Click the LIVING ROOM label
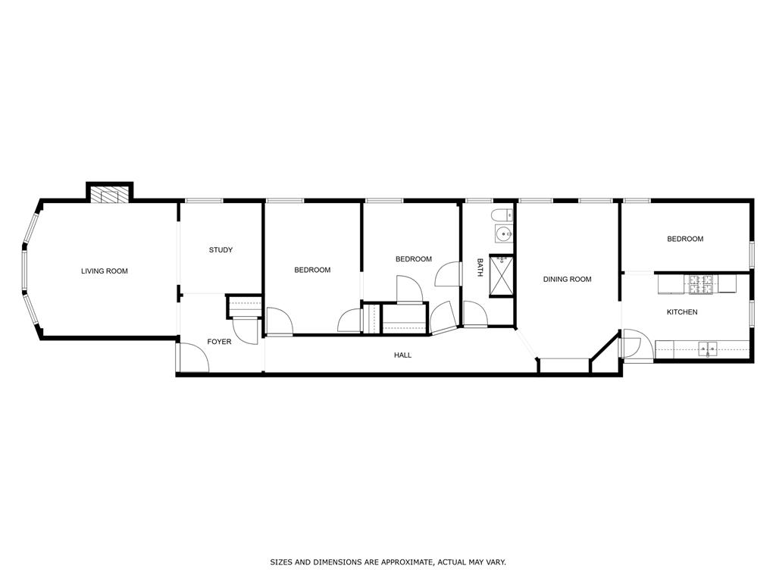click(x=105, y=271)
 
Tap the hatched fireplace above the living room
click(x=110, y=194)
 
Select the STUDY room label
click(x=221, y=250)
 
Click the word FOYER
click(x=219, y=342)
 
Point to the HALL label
click(x=402, y=355)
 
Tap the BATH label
click(x=480, y=268)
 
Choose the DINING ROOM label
click(x=567, y=280)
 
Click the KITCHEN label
click(x=682, y=312)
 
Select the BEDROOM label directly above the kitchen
click(x=685, y=239)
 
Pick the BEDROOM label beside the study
click(x=312, y=270)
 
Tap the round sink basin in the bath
click(x=502, y=233)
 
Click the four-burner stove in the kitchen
click(x=701, y=283)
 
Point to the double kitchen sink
click(x=708, y=349)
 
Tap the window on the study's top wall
click(x=205, y=201)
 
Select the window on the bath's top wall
click(x=479, y=201)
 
